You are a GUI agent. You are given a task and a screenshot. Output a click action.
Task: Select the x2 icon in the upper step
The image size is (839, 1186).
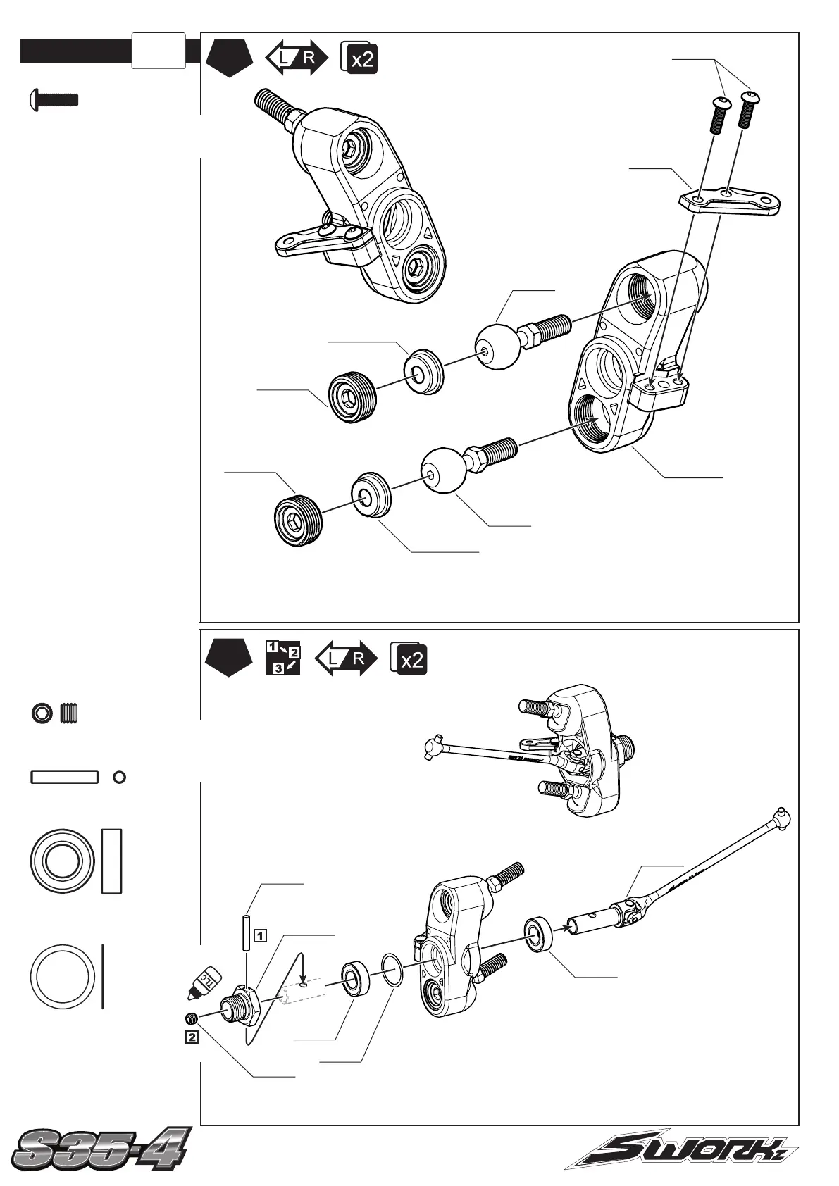[x=359, y=58]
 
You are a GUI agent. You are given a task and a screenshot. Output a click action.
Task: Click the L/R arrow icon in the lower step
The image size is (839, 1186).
[x=345, y=658]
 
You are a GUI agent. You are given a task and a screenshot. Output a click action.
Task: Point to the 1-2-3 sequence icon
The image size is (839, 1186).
[x=283, y=658]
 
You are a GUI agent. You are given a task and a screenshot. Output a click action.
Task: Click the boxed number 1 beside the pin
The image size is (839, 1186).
[x=260, y=936]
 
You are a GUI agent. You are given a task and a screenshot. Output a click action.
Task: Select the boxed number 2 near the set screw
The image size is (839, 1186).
[x=192, y=1037]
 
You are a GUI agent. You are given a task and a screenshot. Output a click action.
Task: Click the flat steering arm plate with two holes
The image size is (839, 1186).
[x=730, y=199]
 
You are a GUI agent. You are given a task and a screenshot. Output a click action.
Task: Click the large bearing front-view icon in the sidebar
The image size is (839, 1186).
[x=63, y=860]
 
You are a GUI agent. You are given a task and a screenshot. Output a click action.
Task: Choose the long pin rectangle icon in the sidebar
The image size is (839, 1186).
[x=63, y=777]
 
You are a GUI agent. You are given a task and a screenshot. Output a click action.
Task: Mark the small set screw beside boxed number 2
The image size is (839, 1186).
[x=192, y=1018]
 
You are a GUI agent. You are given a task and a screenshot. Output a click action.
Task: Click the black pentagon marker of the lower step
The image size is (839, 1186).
[x=229, y=657]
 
